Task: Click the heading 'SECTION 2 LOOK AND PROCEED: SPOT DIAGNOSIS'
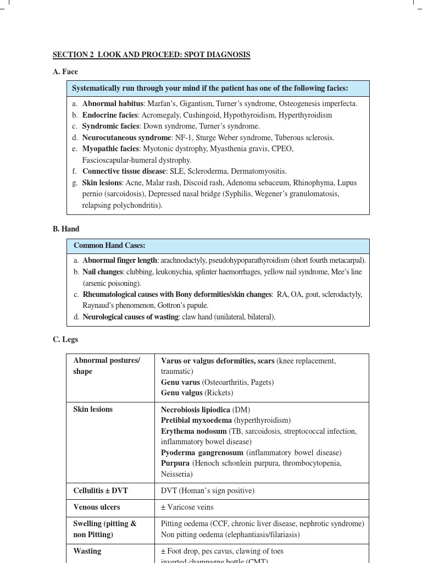[151, 54]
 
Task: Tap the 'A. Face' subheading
[65, 71]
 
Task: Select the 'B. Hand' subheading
[66, 229]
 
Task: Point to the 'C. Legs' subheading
[65, 339]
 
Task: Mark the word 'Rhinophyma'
[314, 183]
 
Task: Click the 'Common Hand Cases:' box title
[109, 245]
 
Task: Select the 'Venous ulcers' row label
[97, 507]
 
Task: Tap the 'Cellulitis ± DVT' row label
[101, 490]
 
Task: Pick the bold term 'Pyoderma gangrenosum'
[202, 452]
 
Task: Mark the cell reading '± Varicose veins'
[187, 507]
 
